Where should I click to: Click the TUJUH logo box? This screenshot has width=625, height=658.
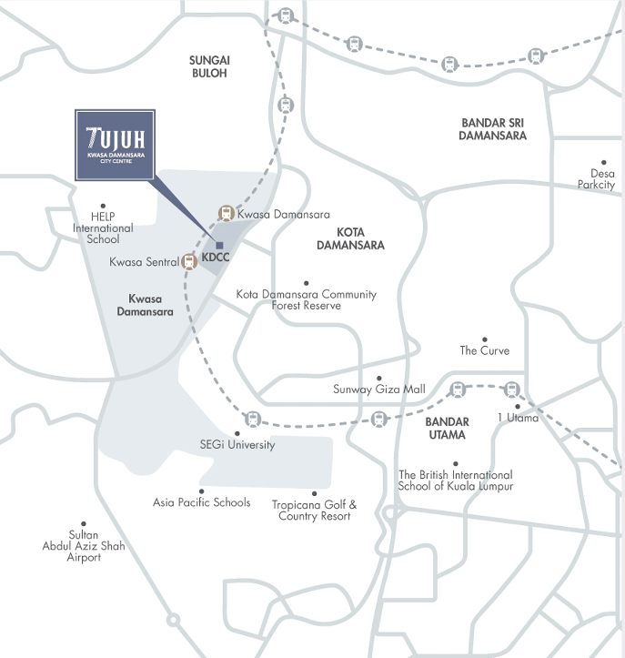point(115,145)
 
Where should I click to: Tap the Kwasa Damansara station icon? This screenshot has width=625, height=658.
point(226,214)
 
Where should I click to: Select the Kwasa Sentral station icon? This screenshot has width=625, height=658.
point(189,262)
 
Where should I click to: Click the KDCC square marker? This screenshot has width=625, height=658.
point(219,245)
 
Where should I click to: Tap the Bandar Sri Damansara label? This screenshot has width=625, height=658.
point(493,128)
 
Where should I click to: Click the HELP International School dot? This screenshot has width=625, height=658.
point(104,207)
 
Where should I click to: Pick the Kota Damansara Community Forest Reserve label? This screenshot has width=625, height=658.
point(306,299)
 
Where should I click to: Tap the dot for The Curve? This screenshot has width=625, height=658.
point(485,339)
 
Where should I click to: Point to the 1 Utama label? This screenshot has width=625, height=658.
point(518,418)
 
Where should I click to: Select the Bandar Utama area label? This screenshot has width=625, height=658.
point(447,428)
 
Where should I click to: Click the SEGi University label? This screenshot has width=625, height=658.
point(237,445)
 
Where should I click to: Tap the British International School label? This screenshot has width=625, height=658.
point(455,481)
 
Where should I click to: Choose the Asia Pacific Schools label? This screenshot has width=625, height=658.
point(201,502)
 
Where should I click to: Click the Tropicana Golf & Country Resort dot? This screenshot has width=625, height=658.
point(314,493)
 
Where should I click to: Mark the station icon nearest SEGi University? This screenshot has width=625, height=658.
point(252,420)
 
